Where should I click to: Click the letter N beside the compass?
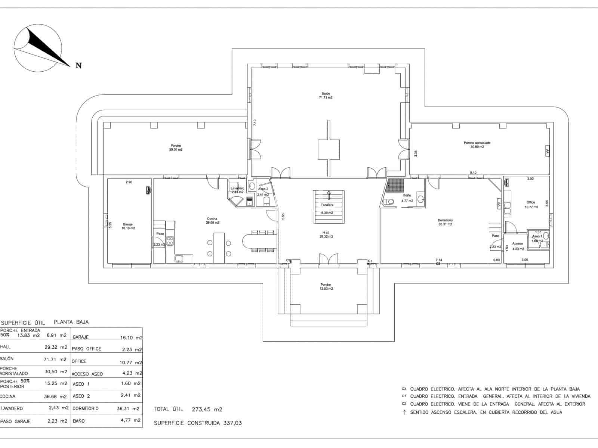pos(78,66)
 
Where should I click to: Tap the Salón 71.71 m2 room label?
pos(325,96)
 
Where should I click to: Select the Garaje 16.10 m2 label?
pos(128,226)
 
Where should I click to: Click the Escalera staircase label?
pos(327,205)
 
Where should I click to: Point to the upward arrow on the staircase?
pos(329,195)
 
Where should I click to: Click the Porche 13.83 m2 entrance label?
pos(325,287)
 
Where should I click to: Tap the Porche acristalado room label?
pos(477,145)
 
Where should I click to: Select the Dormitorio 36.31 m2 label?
pos(445,223)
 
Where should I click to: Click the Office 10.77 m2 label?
pos(531,205)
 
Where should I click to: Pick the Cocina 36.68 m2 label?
pos(212,221)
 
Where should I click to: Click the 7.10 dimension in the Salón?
pos(255,122)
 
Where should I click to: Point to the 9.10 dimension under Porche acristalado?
pos(473,172)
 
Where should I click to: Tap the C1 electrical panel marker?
pos(370,261)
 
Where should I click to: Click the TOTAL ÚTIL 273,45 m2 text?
pos(188,409)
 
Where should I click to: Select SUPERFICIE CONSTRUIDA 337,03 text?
pos(198,423)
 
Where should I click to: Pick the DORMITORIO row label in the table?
pos(86,408)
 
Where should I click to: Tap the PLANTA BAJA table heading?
pos(71,322)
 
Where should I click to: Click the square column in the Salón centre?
pos(329,149)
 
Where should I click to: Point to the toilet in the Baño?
pos(389,202)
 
